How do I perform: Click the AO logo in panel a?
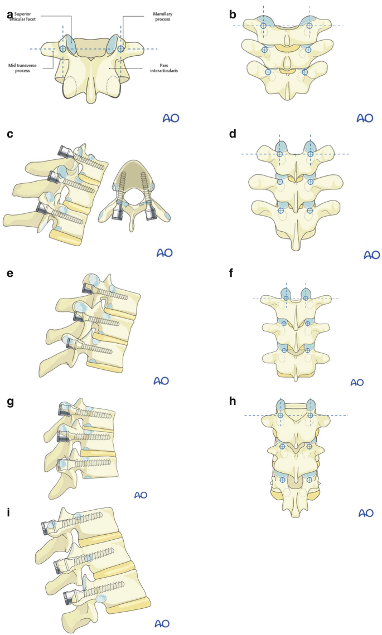tap(171, 118)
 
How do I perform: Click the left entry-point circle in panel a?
tap(63, 49)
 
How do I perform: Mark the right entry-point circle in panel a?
tap(122, 49)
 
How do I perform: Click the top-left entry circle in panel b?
tap(263, 26)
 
